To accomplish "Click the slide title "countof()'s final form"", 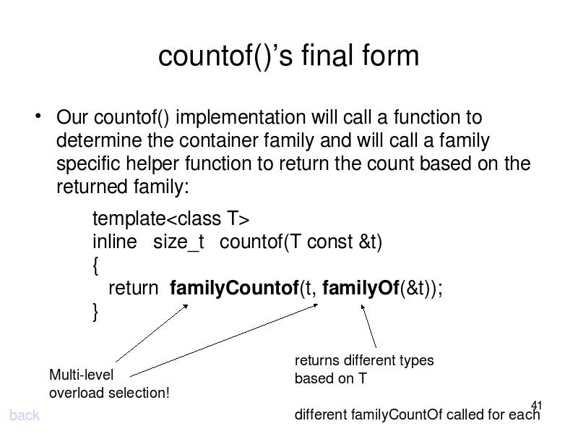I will point(288,56).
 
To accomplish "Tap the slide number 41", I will point(536,405).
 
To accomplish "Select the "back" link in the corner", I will point(25,415).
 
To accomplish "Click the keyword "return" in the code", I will point(133,289).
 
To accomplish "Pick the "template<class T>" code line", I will point(171,218).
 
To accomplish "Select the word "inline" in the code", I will point(114,242).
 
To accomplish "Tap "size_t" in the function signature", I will point(178,242).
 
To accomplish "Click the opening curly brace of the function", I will point(96,265).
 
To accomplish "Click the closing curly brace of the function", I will point(96,312).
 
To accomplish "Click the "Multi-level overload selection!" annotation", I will point(108,383).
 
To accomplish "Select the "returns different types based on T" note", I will point(363,369).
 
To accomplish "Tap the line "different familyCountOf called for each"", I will point(417,414).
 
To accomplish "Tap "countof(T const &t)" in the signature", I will point(301,242).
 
